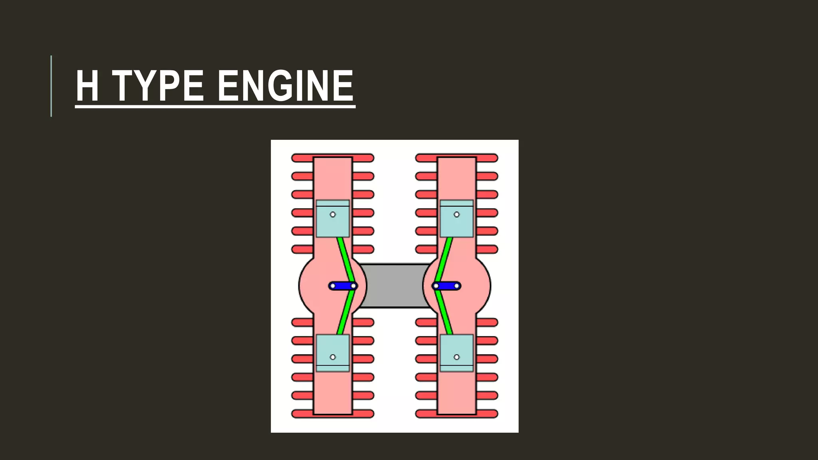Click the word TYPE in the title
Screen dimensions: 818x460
(x=159, y=86)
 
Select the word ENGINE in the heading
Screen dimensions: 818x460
(x=286, y=86)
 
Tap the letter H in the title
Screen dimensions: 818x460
(x=87, y=86)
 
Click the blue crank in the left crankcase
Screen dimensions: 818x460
(x=343, y=286)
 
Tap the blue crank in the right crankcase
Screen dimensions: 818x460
(x=447, y=286)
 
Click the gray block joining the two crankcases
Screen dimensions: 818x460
(x=394, y=286)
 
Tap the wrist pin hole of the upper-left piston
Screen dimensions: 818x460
(x=333, y=214)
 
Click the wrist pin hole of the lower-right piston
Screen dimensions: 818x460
(x=457, y=357)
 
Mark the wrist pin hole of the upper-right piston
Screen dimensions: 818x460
(x=457, y=214)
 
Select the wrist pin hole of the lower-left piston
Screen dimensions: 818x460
(x=333, y=357)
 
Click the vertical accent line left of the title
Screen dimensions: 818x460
(x=51, y=86)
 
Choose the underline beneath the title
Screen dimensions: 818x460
(x=215, y=107)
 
